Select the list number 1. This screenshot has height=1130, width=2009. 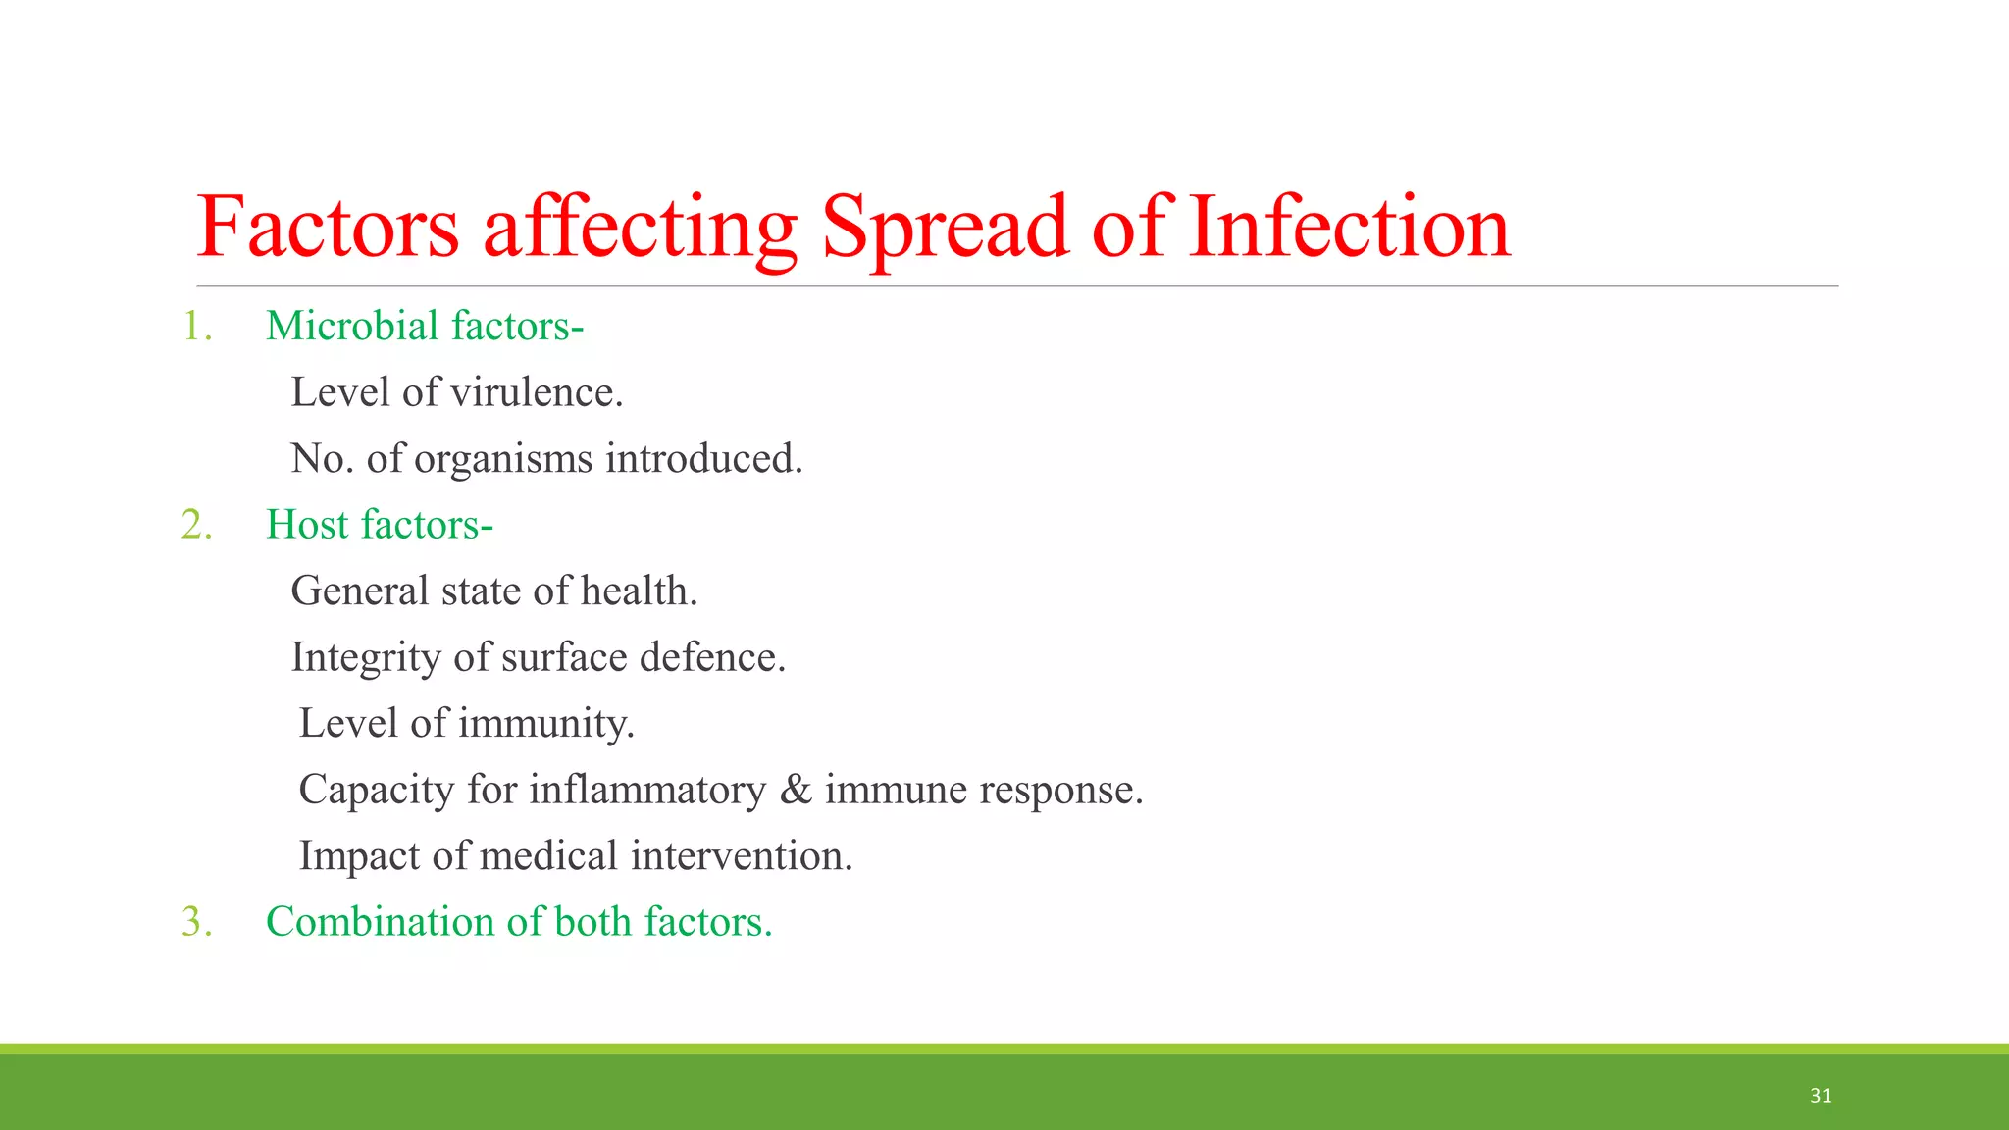tap(196, 327)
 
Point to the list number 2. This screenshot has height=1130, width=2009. tap(196, 525)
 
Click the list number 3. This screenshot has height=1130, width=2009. tap(196, 922)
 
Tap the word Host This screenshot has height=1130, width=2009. tap(307, 525)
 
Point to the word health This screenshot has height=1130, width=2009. tap(639, 591)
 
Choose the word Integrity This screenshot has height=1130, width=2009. tap(366, 658)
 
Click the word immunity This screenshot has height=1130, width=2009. tap(545, 724)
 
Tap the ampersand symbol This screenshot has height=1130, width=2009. tap(796, 791)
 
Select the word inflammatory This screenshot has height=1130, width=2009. tap(646, 791)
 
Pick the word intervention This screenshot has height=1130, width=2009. tap(741, 856)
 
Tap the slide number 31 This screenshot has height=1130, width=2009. tap(1821, 1096)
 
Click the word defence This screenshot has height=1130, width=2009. tap(712, 658)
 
